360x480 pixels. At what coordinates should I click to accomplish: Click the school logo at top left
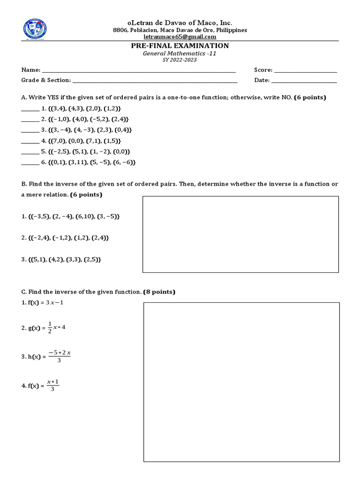[35, 30]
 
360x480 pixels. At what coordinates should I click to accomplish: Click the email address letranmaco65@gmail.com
[180, 37]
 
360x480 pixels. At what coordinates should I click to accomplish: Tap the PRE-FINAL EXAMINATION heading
[180, 45]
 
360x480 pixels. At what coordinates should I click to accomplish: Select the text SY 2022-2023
[180, 60]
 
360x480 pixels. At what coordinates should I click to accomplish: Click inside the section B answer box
[240, 234]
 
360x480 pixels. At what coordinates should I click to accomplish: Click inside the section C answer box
[241, 382]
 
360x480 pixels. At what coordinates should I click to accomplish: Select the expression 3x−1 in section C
[54, 302]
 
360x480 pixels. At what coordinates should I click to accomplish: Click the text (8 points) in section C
[159, 292]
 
